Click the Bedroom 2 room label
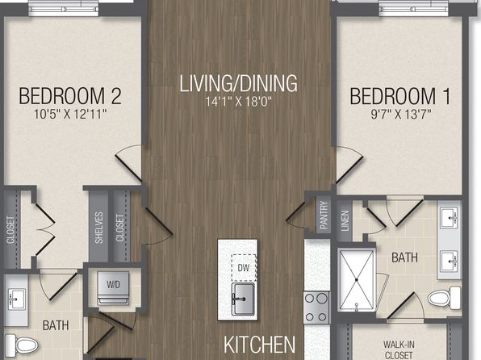click(x=70, y=96)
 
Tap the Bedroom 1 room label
click(x=400, y=96)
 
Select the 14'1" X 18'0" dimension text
click(x=239, y=102)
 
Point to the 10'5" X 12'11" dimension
click(x=70, y=114)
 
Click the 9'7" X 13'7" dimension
click(x=401, y=114)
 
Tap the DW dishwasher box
click(x=244, y=268)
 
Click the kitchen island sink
click(x=243, y=299)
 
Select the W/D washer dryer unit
click(x=113, y=288)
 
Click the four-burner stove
click(x=316, y=308)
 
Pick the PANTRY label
click(x=324, y=216)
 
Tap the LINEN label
click(x=345, y=220)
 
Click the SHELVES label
click(x=98, y=228)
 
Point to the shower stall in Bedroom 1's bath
click(x=357, y=280)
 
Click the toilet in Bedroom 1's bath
click(x=444, y=298)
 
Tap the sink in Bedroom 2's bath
click(x=16, y=299)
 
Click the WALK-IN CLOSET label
click(x=399, y=350)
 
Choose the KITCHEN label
click(x=260, y=345)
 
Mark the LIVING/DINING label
click(x=238, y=83)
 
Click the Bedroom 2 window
click(x=64, y=9)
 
